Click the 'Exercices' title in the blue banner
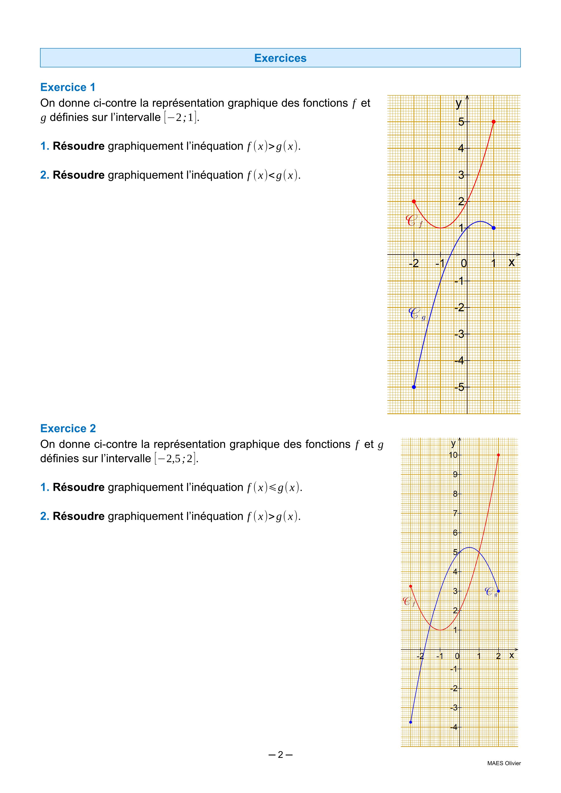click(280, 58)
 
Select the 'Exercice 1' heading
click(68, 87)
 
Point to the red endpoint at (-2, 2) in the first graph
click(414, 201)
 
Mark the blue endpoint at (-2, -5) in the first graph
click(414, 387)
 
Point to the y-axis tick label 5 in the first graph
click(461, 122)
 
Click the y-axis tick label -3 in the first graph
click(459, 334)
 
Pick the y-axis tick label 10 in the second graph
click(453, 455)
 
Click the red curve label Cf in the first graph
click(414, 221)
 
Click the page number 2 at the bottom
click(280, 755)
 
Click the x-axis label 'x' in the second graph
click(512, 655)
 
